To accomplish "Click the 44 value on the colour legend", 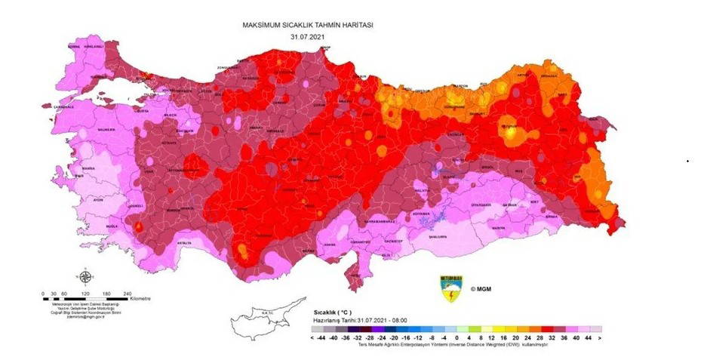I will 586,340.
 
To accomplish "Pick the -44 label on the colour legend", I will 321,340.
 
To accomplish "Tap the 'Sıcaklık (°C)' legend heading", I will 333,312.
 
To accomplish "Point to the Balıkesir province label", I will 106,130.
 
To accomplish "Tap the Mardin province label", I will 500,227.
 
